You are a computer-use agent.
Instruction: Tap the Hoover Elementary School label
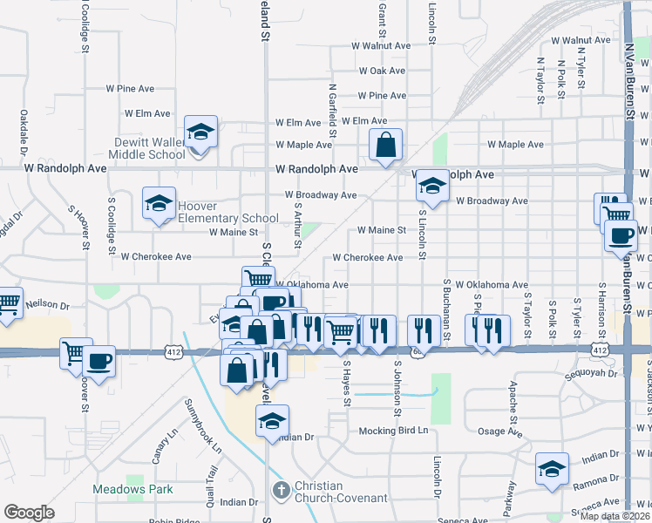228,212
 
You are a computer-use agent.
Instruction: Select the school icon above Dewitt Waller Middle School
201,132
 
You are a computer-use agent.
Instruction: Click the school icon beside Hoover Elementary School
159,204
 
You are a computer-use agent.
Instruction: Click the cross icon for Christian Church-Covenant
281,491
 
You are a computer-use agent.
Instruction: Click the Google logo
29,513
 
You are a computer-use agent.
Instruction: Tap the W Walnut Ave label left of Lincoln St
381,45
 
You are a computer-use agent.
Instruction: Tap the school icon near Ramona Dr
552,470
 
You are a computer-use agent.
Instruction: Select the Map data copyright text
615,516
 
